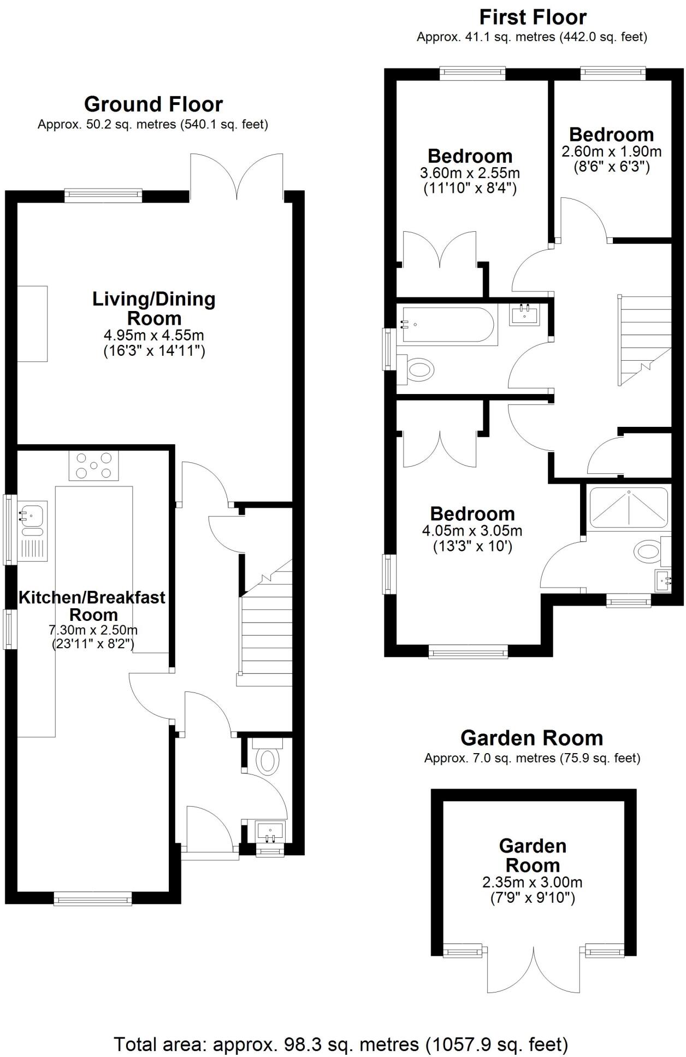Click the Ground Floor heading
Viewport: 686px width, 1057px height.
pos(153,104)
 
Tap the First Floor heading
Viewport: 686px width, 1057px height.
pos(533,17)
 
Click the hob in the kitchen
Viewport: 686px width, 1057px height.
pos(93,465)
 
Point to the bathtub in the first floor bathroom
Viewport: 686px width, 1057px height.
pos(448,325)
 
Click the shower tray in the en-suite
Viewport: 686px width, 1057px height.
pos(628,508)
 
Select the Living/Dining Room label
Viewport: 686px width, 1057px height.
pos(153,308)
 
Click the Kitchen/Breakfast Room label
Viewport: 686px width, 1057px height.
pos(92,606)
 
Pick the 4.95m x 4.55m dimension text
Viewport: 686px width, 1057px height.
pos(153,335)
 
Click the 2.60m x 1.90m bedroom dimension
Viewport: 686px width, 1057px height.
pos(611,151)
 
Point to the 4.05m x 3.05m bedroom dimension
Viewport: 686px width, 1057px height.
pos(472,530)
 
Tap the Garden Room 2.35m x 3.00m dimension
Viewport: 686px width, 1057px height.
pos(532,882)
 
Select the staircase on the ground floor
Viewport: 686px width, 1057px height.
pos(265,629)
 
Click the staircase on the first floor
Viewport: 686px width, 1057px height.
pos(644,339)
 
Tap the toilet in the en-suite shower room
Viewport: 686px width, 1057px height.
pos(648,551)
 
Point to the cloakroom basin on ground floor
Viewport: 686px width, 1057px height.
pos(270,832)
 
